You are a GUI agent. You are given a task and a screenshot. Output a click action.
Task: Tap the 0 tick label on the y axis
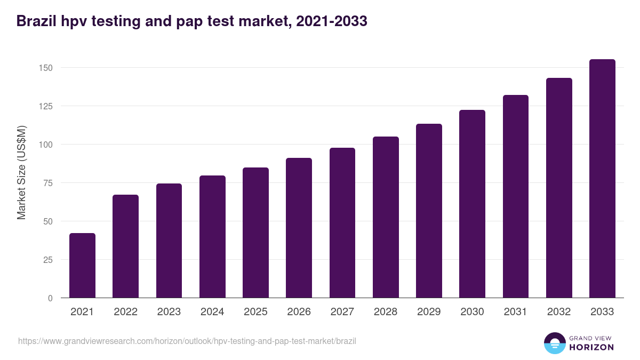[50, 298]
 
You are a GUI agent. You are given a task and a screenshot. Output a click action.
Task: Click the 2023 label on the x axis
[169, 312]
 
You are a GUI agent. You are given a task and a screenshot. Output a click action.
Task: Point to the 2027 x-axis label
[342, 312]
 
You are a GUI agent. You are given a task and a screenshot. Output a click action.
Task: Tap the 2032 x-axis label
[559, 312]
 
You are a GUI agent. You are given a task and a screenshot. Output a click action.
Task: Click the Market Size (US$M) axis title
[21, 172]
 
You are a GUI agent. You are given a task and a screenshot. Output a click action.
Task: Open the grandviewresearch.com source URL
[187, 341]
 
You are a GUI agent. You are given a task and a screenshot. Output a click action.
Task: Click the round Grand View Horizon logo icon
[554, 343]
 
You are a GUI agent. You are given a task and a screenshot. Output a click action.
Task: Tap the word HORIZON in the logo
[591, 347]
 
